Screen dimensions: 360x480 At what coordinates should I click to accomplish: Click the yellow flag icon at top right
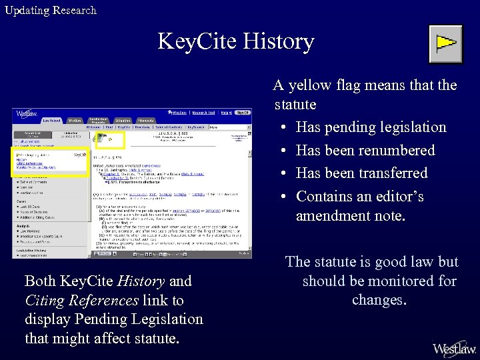coord(445,44)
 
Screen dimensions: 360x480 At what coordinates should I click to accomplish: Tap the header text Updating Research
coord(51,10)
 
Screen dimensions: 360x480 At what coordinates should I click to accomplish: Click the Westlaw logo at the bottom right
coord(454,348)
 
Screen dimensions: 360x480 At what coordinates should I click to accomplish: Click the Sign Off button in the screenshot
coord(243,113)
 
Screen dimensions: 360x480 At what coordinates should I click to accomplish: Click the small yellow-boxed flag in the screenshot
coord(110,140)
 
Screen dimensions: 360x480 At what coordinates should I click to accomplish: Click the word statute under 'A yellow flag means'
coord(295,105)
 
